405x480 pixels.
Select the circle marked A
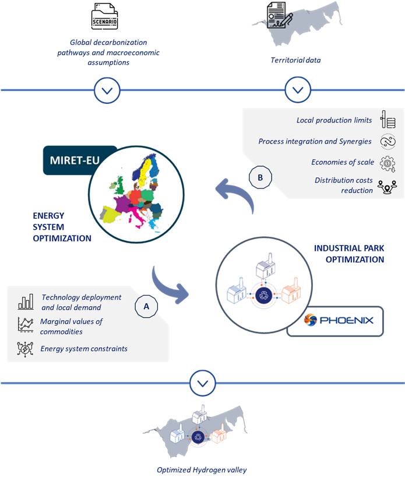[146, 305]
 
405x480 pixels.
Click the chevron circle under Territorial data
[298, 90]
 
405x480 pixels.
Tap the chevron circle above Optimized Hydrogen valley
[202, 383]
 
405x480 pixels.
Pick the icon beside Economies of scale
[388, 163]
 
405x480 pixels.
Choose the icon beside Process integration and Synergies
[388, 142]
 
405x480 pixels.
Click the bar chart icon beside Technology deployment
[26, 302]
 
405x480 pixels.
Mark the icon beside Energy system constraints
[26, 349]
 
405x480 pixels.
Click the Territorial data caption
[295, 60]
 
